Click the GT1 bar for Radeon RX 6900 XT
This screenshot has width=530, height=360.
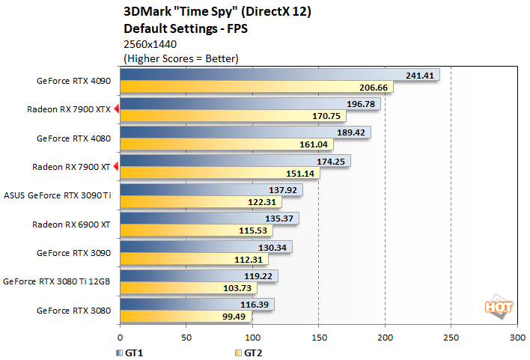coord(209,219)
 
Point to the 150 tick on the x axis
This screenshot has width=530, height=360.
coord(318,338)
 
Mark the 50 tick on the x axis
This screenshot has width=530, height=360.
coord(186,338)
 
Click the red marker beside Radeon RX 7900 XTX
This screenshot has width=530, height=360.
coord(116,109)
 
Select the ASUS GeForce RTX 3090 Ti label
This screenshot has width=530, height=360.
coord(57,195)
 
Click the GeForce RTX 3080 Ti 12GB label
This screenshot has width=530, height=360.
coord(57,281)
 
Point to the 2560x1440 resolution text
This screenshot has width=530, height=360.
coord(150,44)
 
